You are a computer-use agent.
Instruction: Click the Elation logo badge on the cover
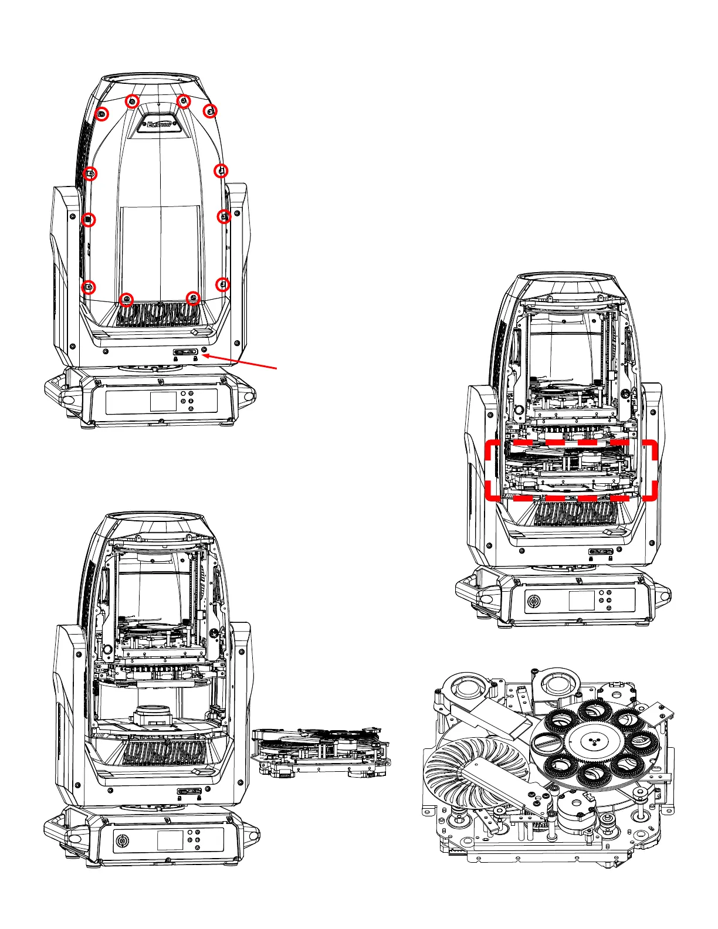coord(160,124)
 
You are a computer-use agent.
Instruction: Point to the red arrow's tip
coord(202,354)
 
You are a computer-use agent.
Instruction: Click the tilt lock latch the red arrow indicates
coord(185,352)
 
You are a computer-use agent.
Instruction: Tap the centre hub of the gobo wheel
coord(593,741)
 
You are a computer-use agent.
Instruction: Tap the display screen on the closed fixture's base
coord(163,402)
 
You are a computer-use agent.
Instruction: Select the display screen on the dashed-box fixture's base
coord(581,601)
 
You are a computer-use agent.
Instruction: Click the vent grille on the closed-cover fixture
coord(158,314)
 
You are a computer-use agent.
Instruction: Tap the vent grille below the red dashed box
coord(576,514)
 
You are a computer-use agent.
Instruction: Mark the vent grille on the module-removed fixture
coord(164,753)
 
